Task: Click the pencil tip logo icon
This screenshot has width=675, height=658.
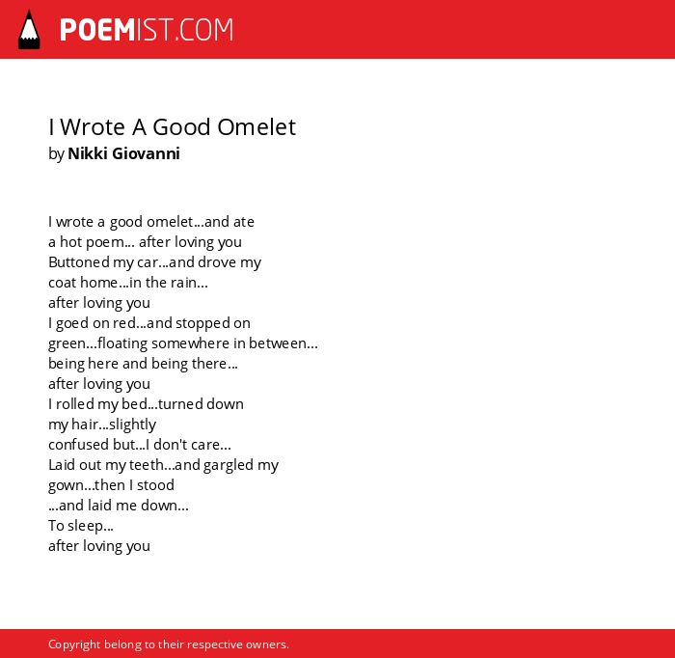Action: coord(29,30)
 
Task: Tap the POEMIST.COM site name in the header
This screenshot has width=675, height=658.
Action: coord(147,30)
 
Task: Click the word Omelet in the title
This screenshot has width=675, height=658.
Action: coord(256,127)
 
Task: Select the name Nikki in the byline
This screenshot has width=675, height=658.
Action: coord(88,153)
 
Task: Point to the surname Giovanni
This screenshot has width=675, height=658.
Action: coord(146,153)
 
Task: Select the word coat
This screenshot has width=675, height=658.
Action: coord(63,283)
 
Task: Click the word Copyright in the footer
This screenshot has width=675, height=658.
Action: coord(74,644)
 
